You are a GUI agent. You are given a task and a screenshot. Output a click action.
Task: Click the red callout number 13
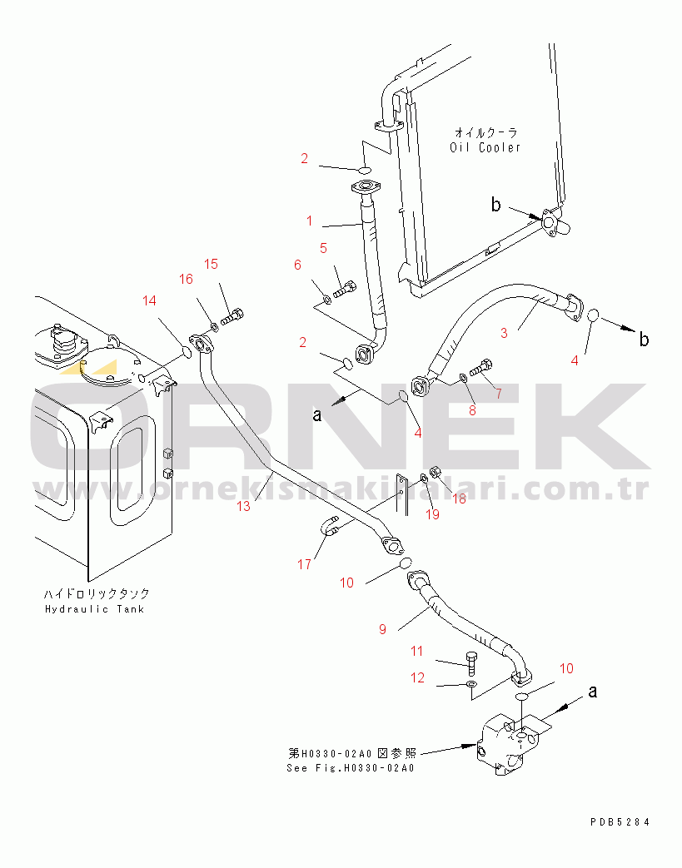243,506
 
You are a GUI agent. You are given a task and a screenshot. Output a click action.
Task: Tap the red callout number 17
304,564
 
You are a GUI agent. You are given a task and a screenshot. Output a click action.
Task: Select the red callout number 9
382,629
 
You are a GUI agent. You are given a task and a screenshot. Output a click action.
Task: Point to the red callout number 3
504,333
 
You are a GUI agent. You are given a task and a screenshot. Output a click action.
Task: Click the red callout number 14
149,300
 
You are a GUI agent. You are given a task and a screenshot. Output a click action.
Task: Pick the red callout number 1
309,221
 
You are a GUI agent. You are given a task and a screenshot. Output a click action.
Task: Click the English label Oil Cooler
485,147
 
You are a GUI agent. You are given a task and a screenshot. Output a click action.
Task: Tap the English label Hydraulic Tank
94,609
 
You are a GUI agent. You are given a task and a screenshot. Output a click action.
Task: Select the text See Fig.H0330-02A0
350,768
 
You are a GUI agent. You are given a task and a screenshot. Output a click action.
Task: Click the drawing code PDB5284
620,822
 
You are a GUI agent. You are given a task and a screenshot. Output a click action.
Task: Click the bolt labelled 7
480,368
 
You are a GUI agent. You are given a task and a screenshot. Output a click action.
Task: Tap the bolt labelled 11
471,663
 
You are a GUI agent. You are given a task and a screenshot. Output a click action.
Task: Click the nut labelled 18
436,472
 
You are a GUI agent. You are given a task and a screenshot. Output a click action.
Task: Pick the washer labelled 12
471,685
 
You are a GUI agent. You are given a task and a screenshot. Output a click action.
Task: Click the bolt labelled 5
344,289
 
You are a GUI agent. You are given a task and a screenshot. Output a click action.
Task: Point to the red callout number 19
432,514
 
